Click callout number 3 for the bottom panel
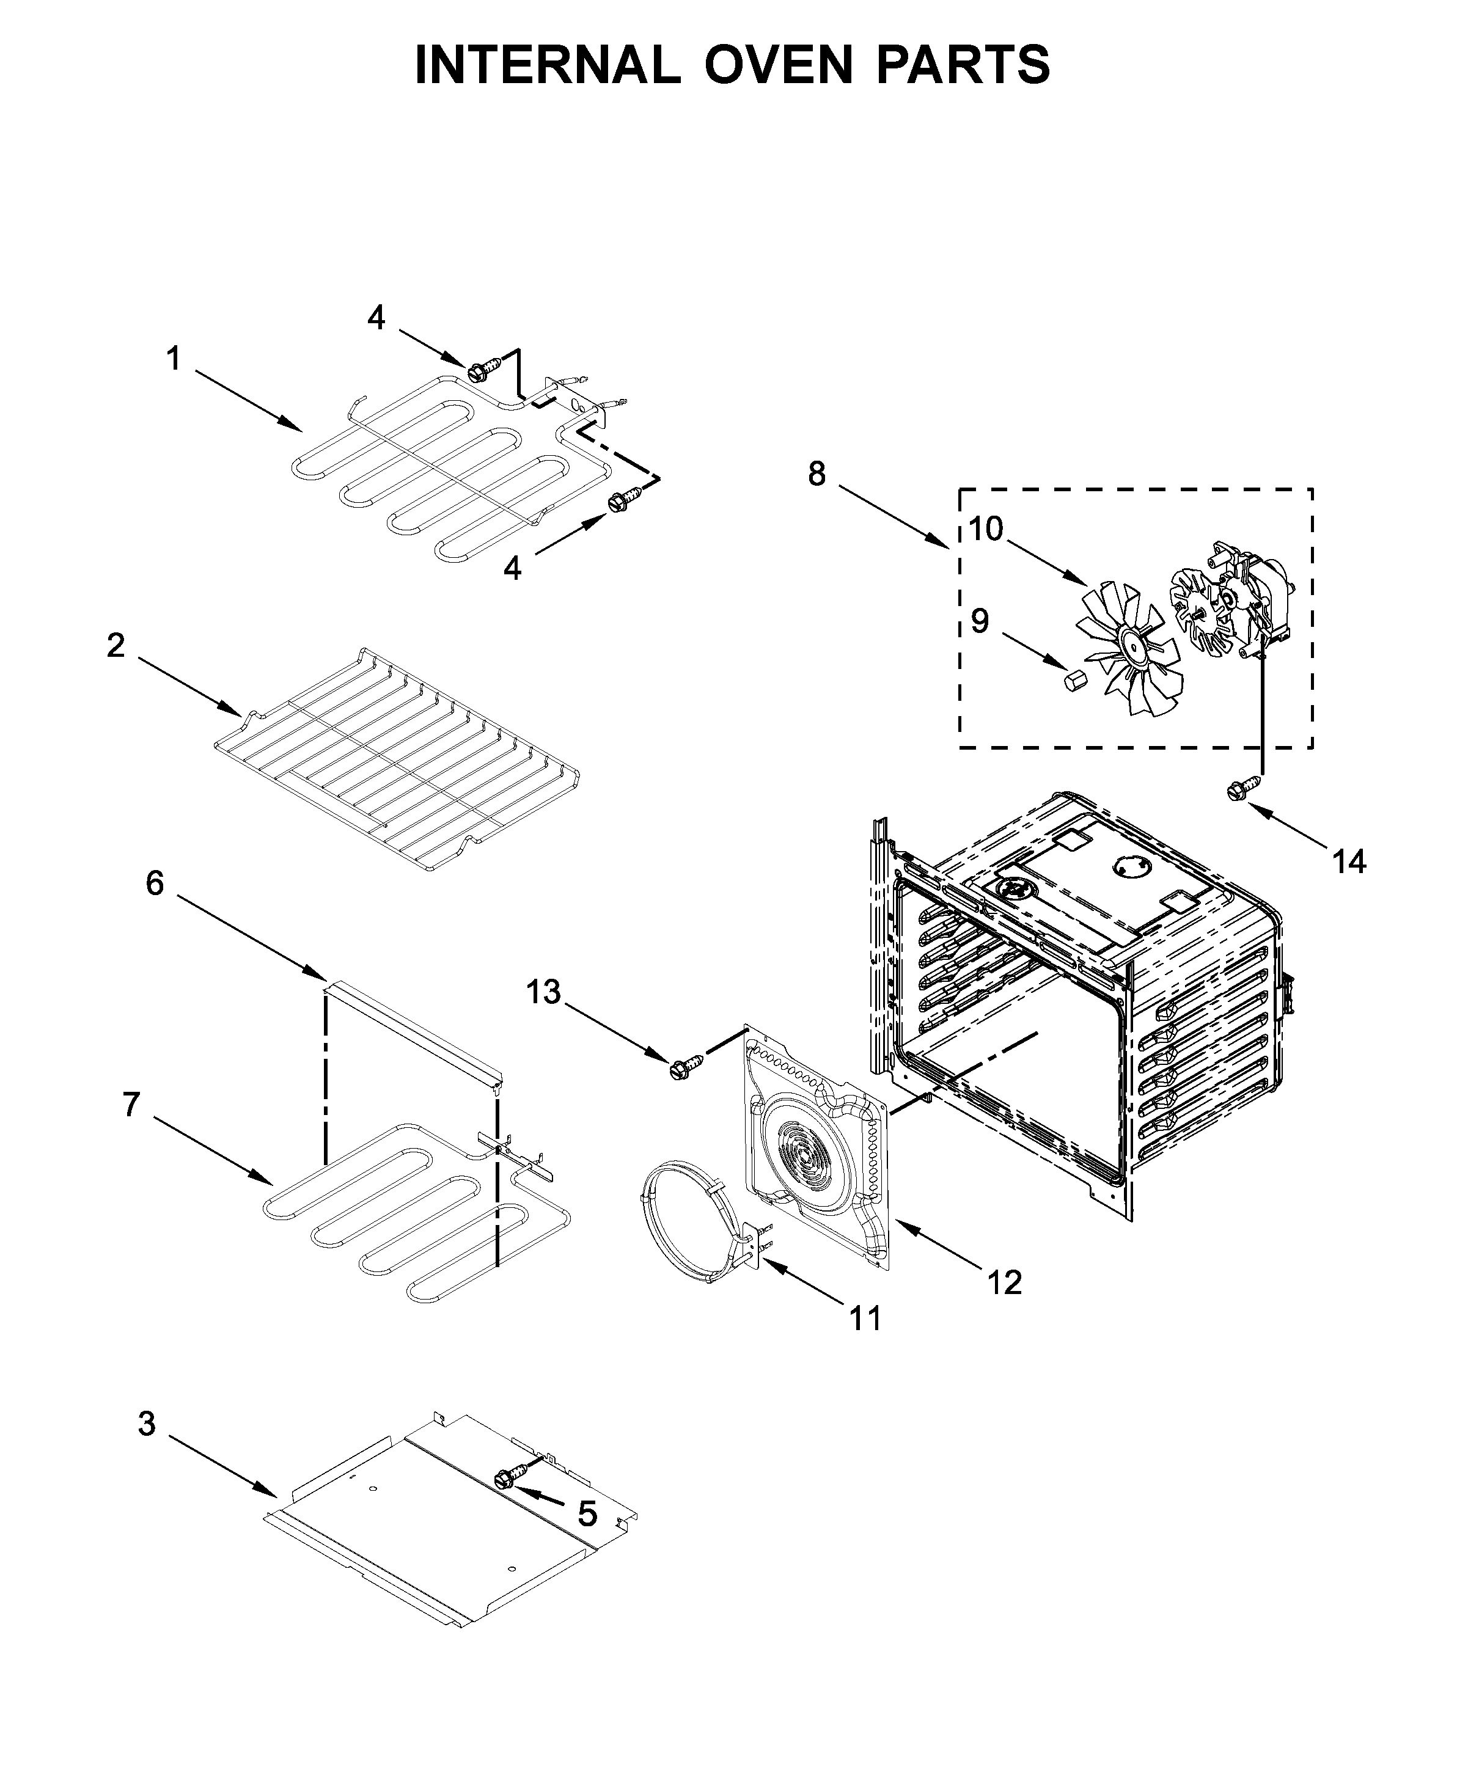coord(147,1424)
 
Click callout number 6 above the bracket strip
coord(155,883)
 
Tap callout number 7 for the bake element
coord(131,1104)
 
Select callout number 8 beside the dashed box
coord(817,474)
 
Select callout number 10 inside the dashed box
coord(985,528)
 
